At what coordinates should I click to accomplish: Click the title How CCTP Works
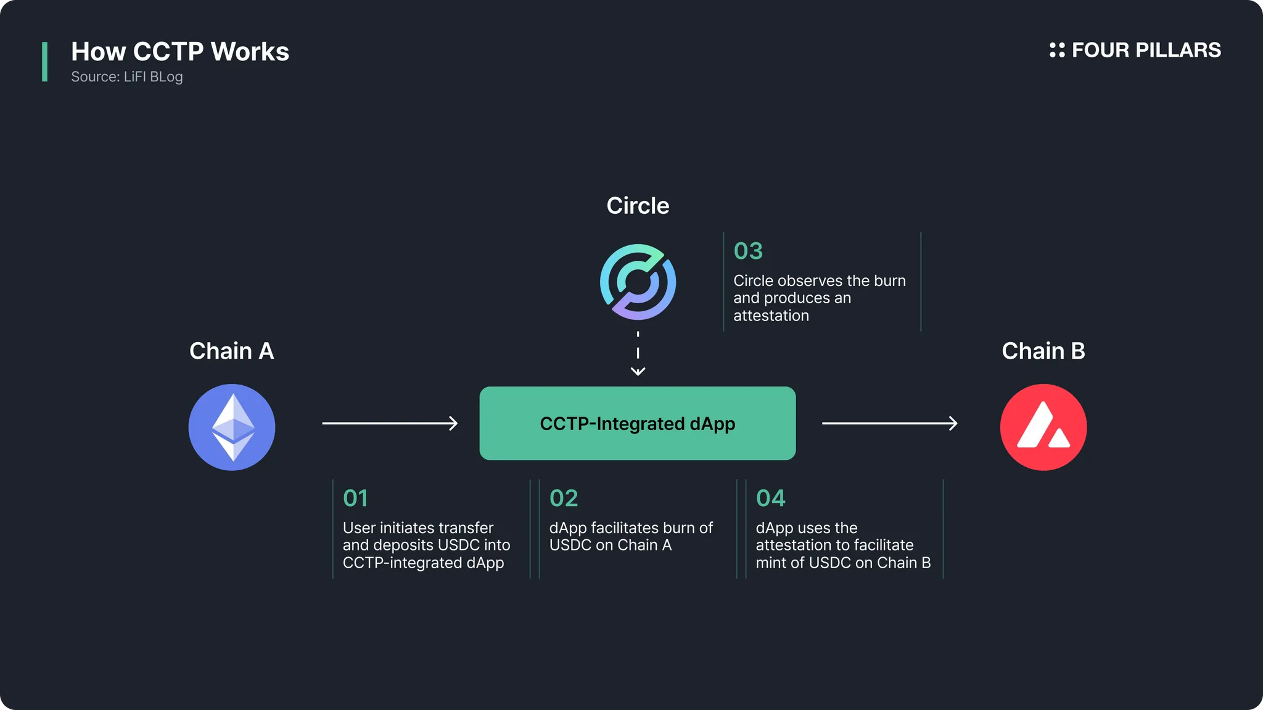pos(180,52)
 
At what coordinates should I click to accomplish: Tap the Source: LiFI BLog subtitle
pos(127,77)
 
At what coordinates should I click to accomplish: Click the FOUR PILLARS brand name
pos(1146,50)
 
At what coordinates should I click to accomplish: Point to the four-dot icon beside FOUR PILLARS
pos(1057,50)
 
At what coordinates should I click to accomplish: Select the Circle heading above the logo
pos(638,205)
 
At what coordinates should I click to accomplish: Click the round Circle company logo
pos(638,282)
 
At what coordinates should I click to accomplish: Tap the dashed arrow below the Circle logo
pos(638,353)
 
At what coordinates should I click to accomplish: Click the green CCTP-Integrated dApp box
pos(638,423)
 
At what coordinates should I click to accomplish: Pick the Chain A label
pos(232,351)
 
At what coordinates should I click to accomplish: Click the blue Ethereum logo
pos(232,427)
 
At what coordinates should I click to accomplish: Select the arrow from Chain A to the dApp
pos(390,423)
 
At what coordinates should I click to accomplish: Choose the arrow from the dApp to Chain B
pos(890,423)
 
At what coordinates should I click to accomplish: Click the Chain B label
pos(1043,351)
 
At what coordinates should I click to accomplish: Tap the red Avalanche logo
pos(1043,427)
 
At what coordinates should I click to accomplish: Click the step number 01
pos(355,498)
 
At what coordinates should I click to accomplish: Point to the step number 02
pos(564,498)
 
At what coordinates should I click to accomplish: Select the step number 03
pos(748,251)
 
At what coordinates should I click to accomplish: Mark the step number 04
pos(770,498)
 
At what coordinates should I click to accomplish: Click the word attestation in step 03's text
pos(771,316)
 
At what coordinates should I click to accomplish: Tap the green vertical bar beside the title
pos(44,62)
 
